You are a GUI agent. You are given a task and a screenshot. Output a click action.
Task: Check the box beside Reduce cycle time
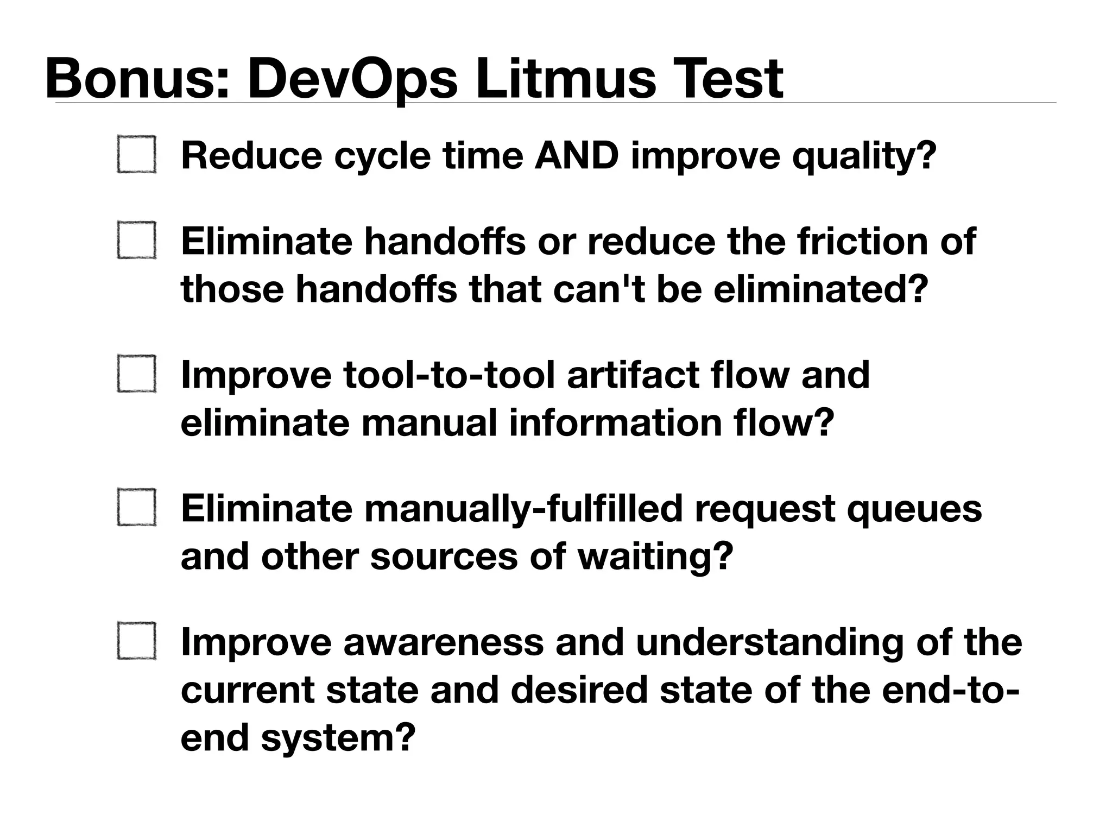(137, 155)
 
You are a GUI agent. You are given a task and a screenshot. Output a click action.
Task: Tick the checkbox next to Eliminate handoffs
(137, 240)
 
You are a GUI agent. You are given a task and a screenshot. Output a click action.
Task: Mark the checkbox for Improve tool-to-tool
(137, 374)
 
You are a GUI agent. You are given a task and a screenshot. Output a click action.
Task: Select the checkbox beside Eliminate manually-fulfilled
(137, 507)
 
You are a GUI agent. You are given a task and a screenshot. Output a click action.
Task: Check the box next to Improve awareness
(137, 641)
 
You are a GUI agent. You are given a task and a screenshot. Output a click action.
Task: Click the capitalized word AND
(577, 156)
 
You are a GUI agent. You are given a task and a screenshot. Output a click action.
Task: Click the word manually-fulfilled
(523, 509)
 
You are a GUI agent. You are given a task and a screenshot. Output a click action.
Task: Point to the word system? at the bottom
(338, 738)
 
